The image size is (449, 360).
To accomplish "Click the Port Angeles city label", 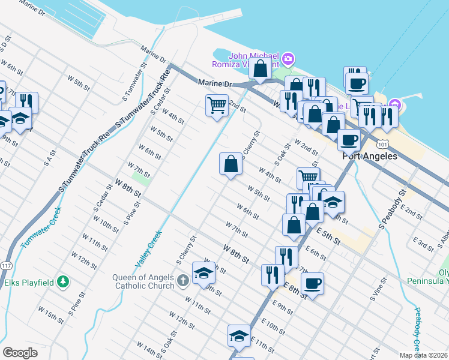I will pyautogui.click(x=370, y=156).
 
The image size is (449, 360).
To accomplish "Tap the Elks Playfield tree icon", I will pyautogui.click(x=62, y=281).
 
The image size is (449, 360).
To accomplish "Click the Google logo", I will pyautogui.click(x=20, y=353).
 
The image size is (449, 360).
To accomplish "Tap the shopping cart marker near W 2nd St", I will pyautogui.click(x=216, y=106).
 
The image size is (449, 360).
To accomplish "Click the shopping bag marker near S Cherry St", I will pyautogui.click(x=231, y=163).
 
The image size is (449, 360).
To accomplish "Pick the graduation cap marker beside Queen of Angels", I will pyautogui.click(x=203, y=273).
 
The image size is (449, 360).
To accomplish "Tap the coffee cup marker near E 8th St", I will pyautogui.click(x=312, y=283).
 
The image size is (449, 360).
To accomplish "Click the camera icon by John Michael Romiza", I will pyautogui.click(x=288, y=58).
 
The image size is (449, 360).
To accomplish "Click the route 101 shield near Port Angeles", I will pyautogui.click(x=382, y=145).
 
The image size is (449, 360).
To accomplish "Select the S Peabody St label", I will pyautogui.click(x=390, y=209).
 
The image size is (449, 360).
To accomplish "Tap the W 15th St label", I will pyautogui.click(x=50, y=316).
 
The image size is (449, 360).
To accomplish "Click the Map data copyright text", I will pyautogui.click(x=424, y=355).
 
